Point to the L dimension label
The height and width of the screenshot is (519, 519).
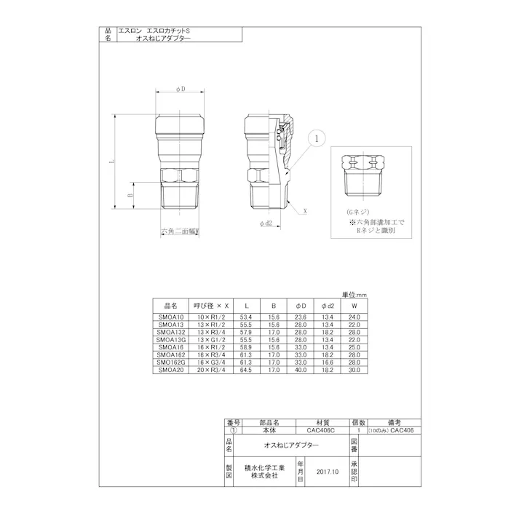click(x=113, y=163)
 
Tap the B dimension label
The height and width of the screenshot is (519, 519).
click(x=130, y=195)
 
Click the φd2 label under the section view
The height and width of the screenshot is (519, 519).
click(x=266, y=224)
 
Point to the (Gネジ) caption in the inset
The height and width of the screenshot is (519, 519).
click(x=359, y=209)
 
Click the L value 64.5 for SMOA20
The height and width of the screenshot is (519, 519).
click(x=246, y=370)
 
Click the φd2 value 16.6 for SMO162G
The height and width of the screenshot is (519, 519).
click(x=327, y=362)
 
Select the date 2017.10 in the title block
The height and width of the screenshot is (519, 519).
click(x=328, y=471)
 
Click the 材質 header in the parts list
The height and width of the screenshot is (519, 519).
click(x=321, y=421)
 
